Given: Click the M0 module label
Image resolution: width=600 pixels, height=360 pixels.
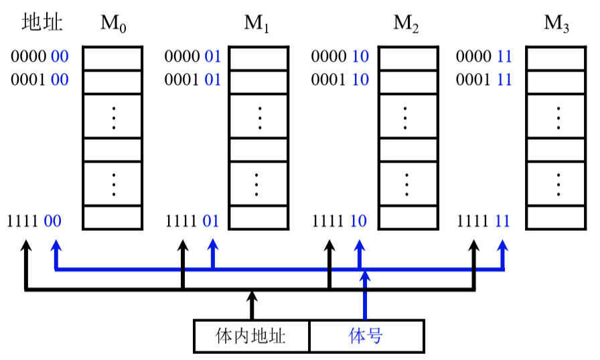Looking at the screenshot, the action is pos(113,23).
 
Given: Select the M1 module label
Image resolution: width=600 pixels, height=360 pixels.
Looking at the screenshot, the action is pos(256,23).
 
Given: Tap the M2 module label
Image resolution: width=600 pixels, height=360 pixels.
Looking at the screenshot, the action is pos(406,23).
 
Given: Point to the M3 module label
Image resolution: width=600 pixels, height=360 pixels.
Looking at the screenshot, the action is pos(556,23).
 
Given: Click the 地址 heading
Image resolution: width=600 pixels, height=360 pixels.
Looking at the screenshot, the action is pos(42,22).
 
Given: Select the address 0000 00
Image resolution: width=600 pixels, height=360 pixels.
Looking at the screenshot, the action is pos(40,57).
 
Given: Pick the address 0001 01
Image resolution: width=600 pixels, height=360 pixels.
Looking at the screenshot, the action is pos(193,80).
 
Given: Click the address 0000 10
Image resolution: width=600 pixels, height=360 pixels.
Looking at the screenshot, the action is pos(340,57).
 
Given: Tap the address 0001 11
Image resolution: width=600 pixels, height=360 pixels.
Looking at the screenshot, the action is pos(483,80).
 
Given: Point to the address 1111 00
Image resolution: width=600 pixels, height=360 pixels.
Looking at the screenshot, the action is pos(34,221).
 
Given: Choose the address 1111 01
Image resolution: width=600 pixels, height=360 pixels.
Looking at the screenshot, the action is pos(192,221).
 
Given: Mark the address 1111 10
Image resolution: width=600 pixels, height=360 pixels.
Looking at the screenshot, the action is pos(340,221).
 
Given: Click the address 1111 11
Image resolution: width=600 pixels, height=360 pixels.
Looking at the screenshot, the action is pos(483,221).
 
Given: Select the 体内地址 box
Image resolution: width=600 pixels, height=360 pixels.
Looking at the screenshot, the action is pos(251,336).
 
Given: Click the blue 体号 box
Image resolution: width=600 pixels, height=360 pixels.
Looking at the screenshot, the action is pos(366,336).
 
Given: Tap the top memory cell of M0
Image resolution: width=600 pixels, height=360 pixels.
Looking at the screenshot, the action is pos(113,58).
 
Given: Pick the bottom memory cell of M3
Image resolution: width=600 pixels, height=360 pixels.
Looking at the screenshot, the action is pos(556,217).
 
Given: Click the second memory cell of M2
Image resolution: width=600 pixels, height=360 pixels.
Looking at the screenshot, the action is pos(408,82).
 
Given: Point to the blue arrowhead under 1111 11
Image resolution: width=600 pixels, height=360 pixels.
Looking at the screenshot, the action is pos(502,246).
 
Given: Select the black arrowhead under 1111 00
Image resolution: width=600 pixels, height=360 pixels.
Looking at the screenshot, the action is pos(26,246).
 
